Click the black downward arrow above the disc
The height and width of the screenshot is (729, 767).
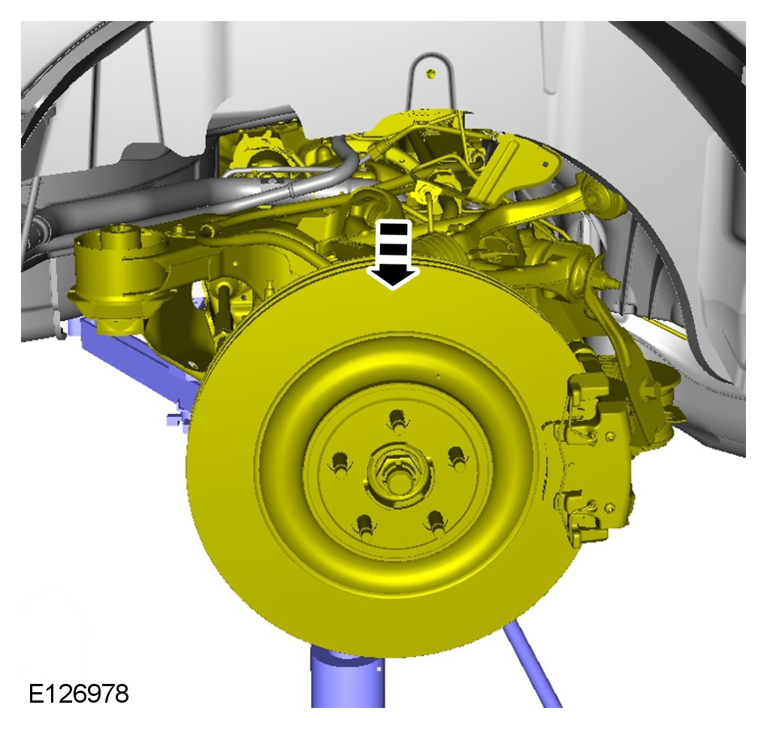coord(393,255)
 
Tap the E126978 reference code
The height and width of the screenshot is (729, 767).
coord(79,694)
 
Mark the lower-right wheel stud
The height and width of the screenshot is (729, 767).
coord(436,522)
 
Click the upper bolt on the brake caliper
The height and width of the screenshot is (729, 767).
coord(610,436)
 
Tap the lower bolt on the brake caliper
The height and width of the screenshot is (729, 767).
coord(609,508)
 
